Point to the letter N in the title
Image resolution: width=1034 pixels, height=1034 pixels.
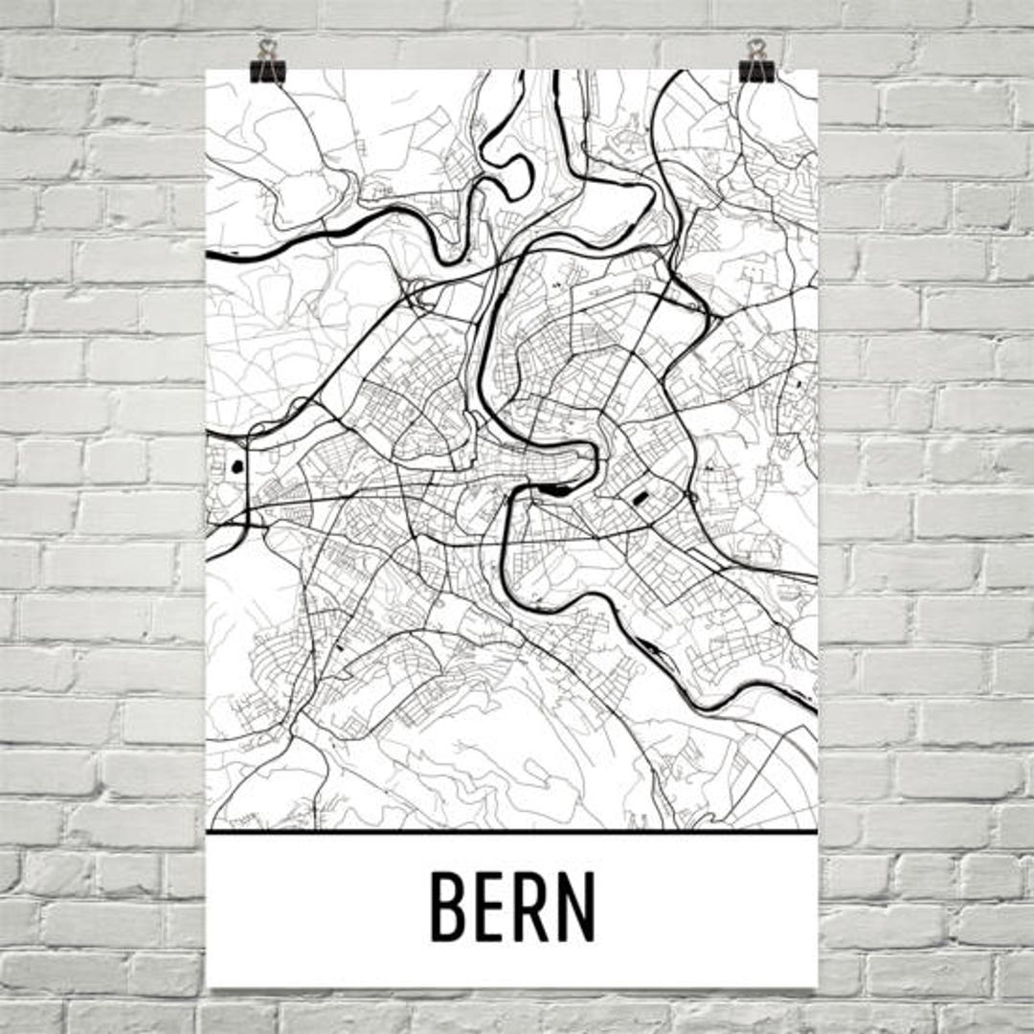tap(577, 905)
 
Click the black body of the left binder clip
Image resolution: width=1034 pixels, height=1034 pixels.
tap(267, 71)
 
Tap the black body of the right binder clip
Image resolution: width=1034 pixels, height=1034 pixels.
tap(757, 71)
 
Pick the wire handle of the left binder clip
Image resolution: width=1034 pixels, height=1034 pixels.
tap(267, 49)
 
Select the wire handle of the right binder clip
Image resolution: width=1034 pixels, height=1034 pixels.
tap(757, 49)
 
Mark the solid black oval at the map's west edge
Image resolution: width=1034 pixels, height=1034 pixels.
tap(236, 468)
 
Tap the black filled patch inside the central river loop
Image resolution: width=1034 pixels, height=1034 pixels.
tap(551, 491)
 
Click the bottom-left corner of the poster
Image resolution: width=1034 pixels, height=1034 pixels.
tap(209, 985)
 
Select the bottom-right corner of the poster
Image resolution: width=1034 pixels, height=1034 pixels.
tap(817, 985)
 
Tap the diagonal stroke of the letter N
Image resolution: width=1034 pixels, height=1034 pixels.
tap(577, 905)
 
